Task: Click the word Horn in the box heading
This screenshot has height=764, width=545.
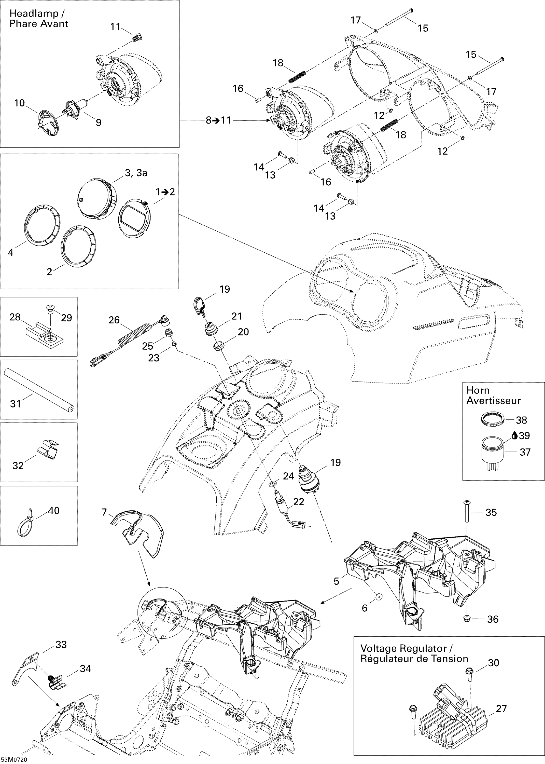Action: coord(478,390)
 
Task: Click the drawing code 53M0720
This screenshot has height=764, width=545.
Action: coord(14,760)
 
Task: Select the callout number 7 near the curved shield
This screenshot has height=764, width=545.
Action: coord(104,512)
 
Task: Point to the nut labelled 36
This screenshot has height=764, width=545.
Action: coord(467,618)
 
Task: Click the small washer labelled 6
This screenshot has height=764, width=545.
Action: coord(379,596)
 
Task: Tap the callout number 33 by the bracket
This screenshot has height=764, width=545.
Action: coord(61,645)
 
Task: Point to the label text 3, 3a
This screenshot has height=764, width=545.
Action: coord(136,173)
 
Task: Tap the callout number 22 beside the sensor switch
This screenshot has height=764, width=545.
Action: coord(298,501)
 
